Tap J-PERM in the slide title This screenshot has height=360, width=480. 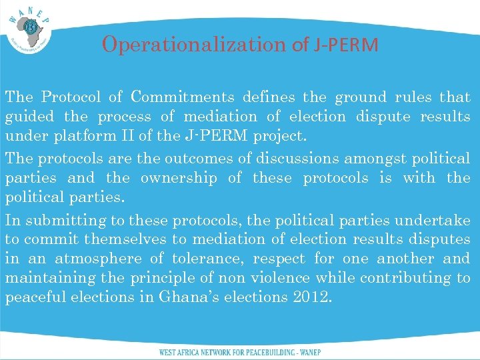point(344,45)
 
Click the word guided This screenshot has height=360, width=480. point(31,117)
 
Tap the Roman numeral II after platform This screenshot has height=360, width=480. point(134,137)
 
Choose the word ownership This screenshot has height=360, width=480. point(179,178)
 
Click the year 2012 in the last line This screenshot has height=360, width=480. point(311,297)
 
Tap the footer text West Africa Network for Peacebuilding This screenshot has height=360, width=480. point(240,352)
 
